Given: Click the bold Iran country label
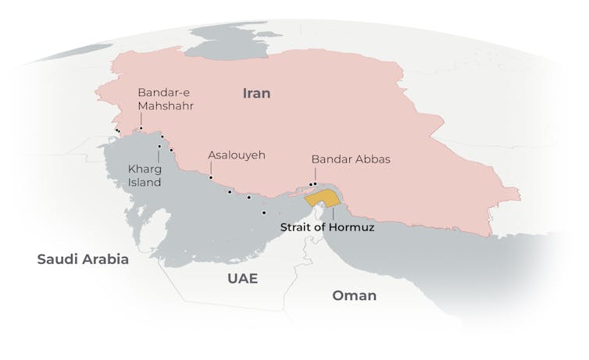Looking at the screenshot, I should coord(256,93).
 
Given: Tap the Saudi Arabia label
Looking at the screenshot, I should coord(82,259).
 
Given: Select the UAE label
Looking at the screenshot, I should coord(242,279).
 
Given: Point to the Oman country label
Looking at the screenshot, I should coord(354,295).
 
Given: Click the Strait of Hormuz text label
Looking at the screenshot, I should coord(327,228).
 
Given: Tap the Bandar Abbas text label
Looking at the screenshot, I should coord(350,159).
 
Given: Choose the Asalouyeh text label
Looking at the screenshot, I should coord(236,155).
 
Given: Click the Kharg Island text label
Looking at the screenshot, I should coord(145,175).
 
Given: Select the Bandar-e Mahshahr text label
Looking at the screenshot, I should coord(165,98).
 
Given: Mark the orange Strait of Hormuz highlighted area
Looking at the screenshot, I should coord(321,198).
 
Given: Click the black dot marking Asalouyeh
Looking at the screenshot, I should coord(210,178).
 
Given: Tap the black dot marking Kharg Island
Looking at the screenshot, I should coord(159,146).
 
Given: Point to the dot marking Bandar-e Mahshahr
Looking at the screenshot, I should coord(141,128).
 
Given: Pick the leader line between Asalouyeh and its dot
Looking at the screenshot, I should coord(210,169).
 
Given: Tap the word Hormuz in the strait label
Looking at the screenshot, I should coord(353,228).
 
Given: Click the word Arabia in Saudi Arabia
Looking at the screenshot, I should coord(105,259).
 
